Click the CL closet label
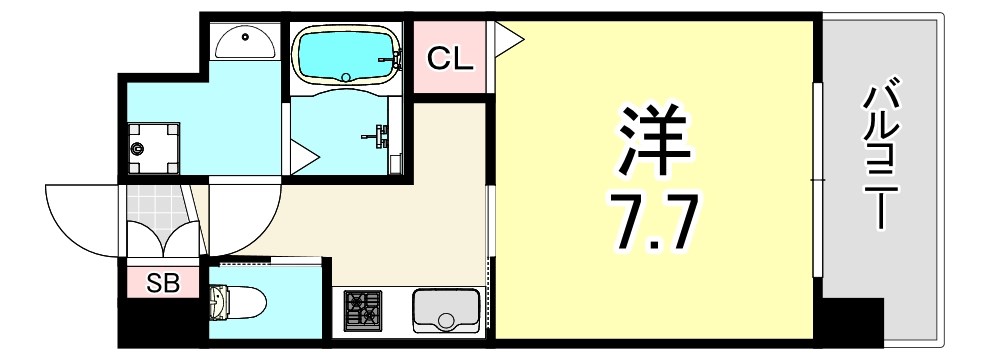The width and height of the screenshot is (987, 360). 449,59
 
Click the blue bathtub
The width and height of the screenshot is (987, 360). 345,54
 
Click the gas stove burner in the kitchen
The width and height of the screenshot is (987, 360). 363,309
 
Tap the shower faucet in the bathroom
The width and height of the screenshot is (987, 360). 379,136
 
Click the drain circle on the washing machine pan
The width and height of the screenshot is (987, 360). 138,150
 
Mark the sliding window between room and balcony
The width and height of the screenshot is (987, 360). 818,180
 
